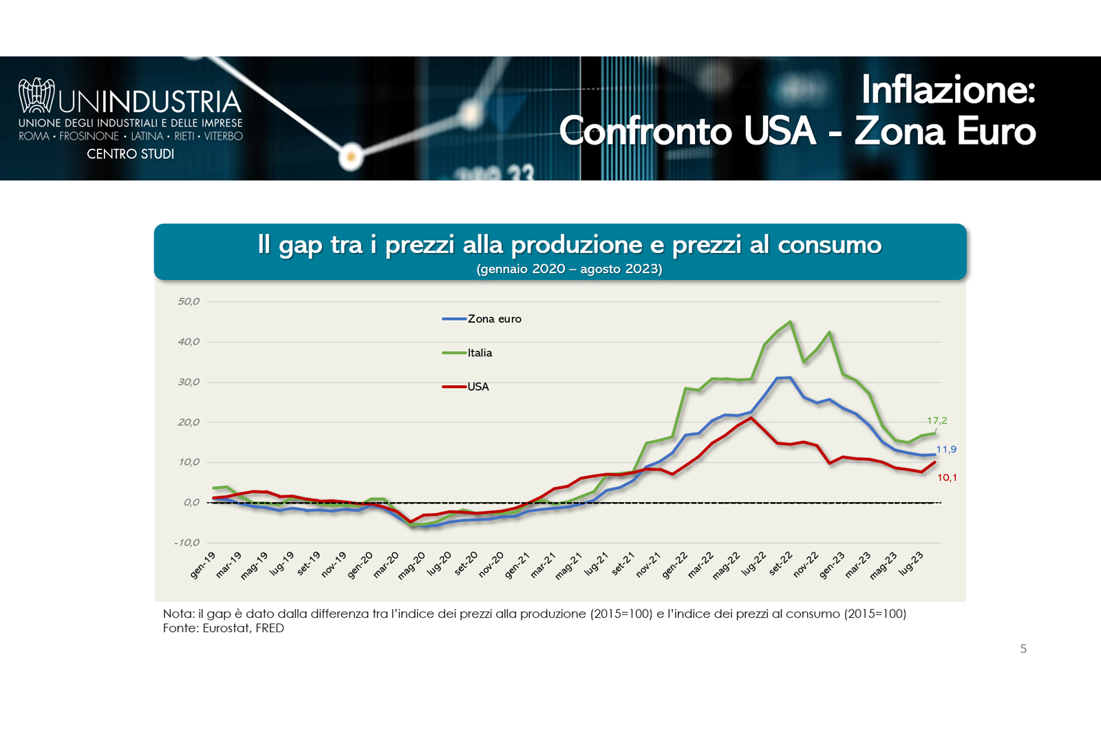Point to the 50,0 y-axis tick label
click(189, 301)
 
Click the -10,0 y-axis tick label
click(187, 543)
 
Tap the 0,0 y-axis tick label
click(191, 502)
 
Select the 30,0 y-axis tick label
click(189, 382)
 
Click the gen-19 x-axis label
click(203, 565)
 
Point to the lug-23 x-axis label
click(911, 563)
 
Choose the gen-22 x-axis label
click(674, 565)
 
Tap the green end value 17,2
click(937, 420)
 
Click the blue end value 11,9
click(946, 449)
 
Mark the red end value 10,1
click(947, 477)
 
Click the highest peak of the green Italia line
click(790, 322)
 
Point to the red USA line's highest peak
click(751, 418)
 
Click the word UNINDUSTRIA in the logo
click(150, 102)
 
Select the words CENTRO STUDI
click(130, 154)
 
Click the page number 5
click(1023, 649)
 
